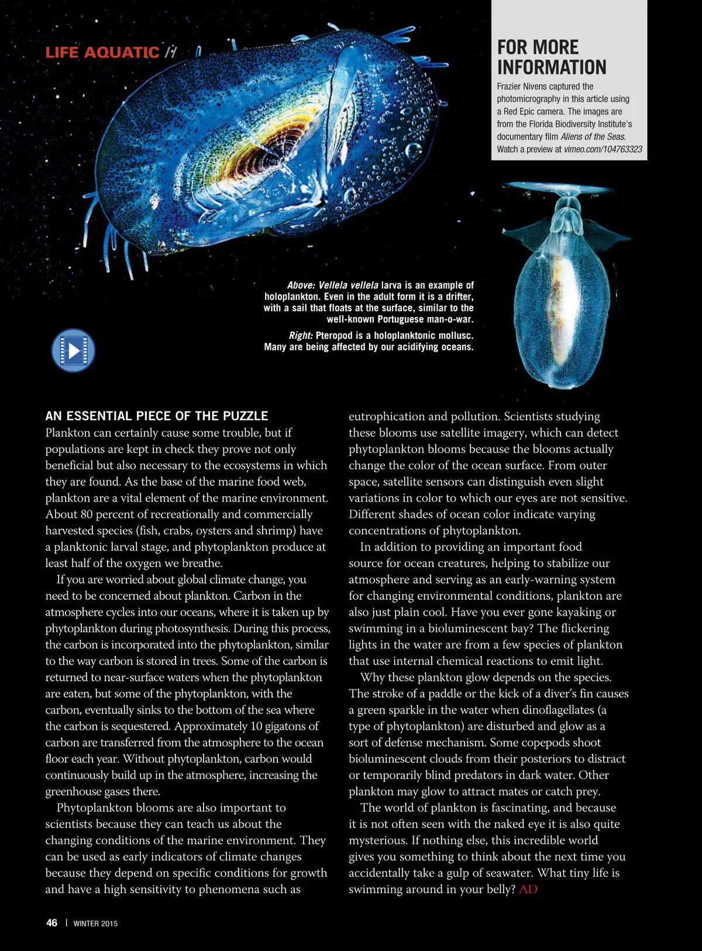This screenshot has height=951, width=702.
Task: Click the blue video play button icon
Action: point(73,351)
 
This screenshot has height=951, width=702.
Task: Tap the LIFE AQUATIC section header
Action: point(102,53)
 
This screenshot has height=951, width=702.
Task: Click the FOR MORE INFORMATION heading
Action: point(551,57)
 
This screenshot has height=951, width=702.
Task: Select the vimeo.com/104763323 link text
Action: point(603,149)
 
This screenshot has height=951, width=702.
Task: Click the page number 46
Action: point(51,923)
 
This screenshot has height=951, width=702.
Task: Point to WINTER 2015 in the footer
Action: point(95,923)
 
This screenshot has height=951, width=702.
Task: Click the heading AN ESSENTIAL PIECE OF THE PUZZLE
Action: point(157,416)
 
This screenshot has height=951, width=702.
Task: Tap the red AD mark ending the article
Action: point(528,890)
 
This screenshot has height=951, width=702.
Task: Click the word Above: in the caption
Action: point(301,286)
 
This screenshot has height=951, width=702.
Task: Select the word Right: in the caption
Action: point(301,336)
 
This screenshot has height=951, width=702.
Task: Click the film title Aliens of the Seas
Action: point(593,137)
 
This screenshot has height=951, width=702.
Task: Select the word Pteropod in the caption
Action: point(334,336)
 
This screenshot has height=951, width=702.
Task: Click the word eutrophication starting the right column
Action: point(386,417)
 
